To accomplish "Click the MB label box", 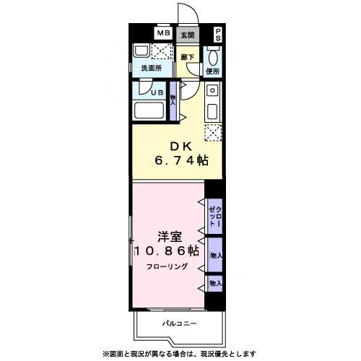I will pyautogui.click(x=164, y=33).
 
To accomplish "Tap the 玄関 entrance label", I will pyautogui.click(x=188, y=33).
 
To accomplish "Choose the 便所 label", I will pyautogui.click(x=212, y=71).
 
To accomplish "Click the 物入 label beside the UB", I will pyautogui.click(x=173, y=98).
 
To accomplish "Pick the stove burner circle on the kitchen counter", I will pyautogui.click(x=212, y=91).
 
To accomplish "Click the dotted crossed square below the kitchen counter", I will pyautogui.click(x=212, y=131).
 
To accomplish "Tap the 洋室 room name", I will pyautogui.click(x=168, y=237).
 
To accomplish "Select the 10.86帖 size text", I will pyautogui.click(x=167, y=252).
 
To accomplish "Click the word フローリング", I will pyautogui.click(x=168, y=267).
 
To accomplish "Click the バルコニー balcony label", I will pyautogui.click(x=179, y=323).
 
